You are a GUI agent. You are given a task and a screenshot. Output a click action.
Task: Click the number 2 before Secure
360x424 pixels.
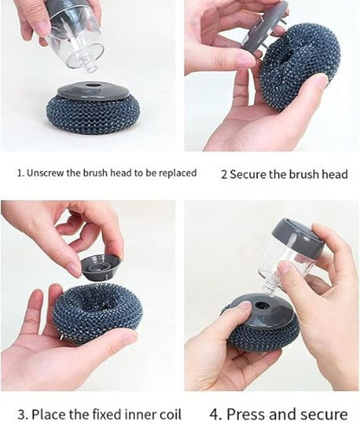tap(223, 174)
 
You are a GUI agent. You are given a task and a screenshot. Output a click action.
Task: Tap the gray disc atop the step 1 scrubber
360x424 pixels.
tap(93, 92)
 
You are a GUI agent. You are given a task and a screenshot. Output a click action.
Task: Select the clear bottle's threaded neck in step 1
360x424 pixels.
tap(88, 63)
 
